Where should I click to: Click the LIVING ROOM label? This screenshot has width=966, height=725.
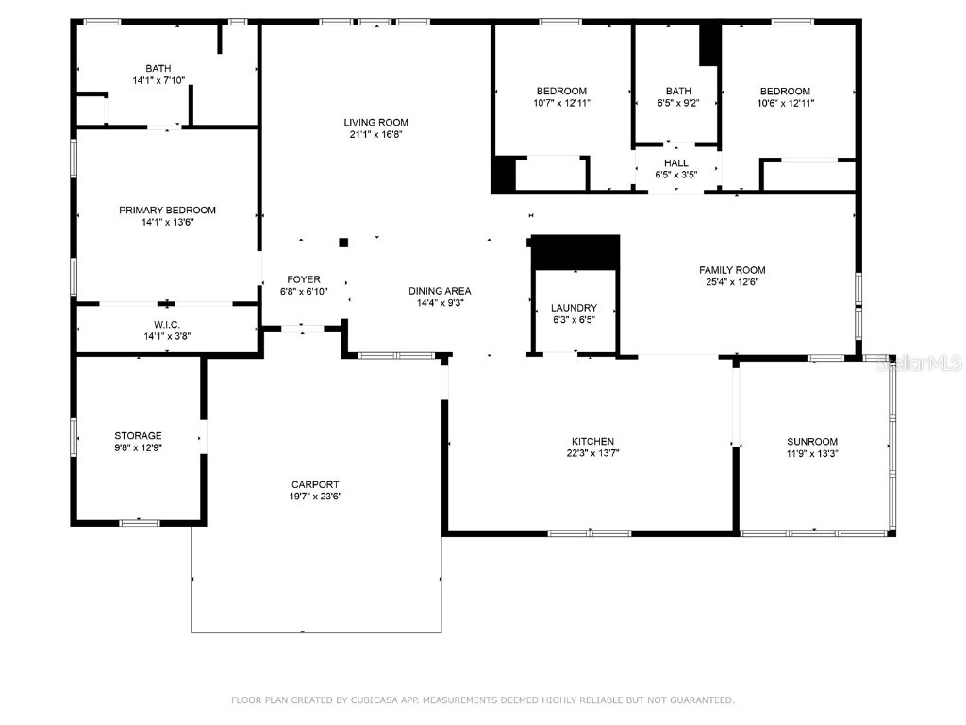coord(375,122)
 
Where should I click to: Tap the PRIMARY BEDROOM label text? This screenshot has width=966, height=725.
coord(167,210)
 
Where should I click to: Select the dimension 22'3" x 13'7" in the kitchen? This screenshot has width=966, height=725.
coord(592,453)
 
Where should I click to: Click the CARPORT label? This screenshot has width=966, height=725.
coord(315,484)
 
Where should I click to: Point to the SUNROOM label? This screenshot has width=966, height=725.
coord(812,441)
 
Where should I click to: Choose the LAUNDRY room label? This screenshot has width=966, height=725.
coord(574,308)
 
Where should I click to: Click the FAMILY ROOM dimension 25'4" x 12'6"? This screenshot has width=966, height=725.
coord(732,281)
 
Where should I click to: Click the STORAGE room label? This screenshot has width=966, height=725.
coord(138,435)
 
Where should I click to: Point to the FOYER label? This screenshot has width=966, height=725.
coord(304,279)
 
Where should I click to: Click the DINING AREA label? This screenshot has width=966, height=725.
coord(440,291)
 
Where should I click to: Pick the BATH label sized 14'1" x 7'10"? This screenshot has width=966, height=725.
coord(158,68)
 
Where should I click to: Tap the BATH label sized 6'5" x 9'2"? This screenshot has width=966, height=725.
coord(677,91)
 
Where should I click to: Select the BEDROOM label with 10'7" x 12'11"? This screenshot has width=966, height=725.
coord(561,91)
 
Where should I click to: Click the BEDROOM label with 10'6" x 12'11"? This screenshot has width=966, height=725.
coord(785,91)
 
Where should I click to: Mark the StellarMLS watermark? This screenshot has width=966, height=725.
coord(920,362)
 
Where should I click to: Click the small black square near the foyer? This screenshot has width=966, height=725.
coord(343,243)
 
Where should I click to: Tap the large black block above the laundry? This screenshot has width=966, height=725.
coord(575,251)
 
